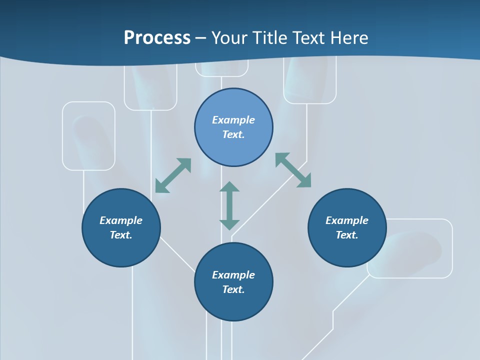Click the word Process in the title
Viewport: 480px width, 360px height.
tap(157, 38)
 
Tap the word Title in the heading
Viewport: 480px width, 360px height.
tap(270, 38)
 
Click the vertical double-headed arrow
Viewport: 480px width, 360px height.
tap(229, 206)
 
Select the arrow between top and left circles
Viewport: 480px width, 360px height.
tap(173, 175)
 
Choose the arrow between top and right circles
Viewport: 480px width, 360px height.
tap(293, 170)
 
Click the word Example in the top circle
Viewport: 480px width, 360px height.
tap(233, 120)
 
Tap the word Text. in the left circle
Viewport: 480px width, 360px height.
tap(121, 235)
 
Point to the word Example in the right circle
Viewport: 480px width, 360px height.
tap(347, 220)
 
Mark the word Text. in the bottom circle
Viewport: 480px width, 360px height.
tap(233, 289)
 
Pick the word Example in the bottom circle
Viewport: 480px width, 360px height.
tap(233, 275)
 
